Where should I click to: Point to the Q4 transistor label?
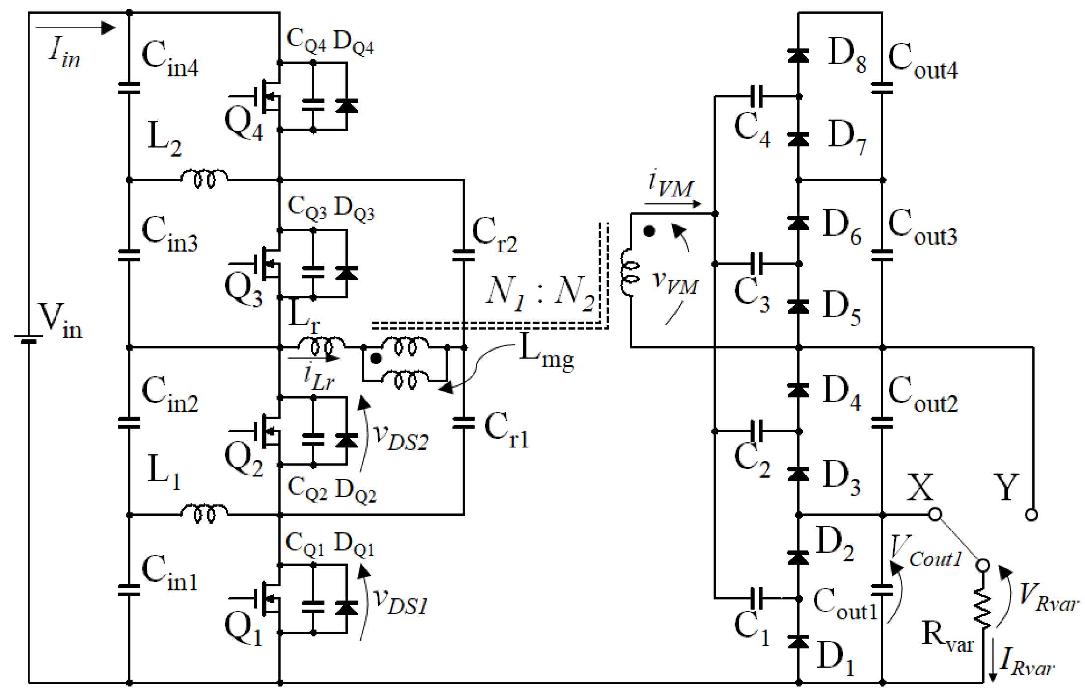click(x=244, y=125)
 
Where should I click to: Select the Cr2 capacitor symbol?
click(x=463, y=255)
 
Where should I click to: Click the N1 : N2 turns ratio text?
click(x=540, y=293)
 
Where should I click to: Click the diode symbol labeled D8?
click(x=798, y=56)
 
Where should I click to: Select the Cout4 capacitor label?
click(x=922, y=61)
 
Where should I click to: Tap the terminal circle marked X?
click(x=935, y=514)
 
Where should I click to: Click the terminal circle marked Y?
click(x=1031, y=515)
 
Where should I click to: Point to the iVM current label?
click(x=670, y=184)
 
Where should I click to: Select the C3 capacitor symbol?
click(x=757, y=264)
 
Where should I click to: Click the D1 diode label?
click(x=835, y=658)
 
